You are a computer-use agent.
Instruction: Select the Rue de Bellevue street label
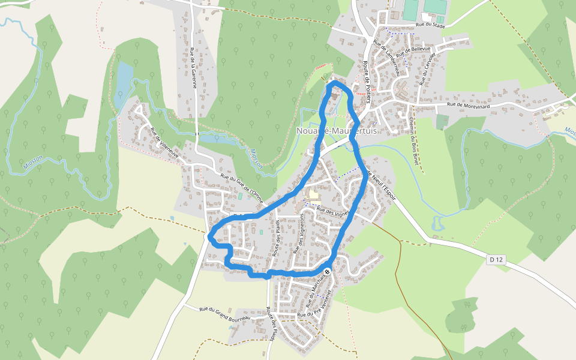(x=414, y=53)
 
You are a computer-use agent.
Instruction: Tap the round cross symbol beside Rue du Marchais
(x=328, y=272)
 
